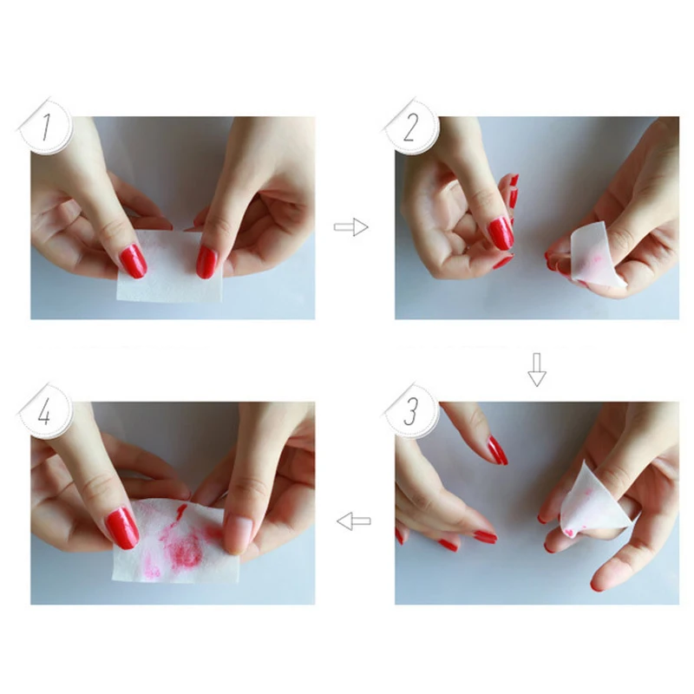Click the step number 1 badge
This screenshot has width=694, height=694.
pyautogui.click(x=46, y=127)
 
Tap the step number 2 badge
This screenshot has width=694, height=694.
pyautogui.click(x=411, y=127)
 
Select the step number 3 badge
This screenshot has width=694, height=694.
pyautogui.click(x=411, y=411)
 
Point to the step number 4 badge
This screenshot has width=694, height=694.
pyautogui.click(x=45, y=411)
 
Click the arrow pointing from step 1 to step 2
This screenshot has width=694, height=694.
pyautogui.click(x=350, y=227)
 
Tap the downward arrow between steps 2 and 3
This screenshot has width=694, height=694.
pyautogui.click(x=537, y=370)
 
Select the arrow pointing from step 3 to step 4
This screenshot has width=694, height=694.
pyautogui.click(x=354, y=521)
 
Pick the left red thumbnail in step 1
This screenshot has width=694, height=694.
pyautogui.click(x=134, y=261)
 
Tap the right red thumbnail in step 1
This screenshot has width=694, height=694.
pyautogui.click(x=206, y=262)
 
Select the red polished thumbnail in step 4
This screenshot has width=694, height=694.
pyautogui.click(x=122, y=528)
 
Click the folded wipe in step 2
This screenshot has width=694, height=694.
pyautogui.click(x=595, y=255)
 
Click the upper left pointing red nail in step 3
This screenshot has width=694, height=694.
pyautogui.click(x=497, y=450)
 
